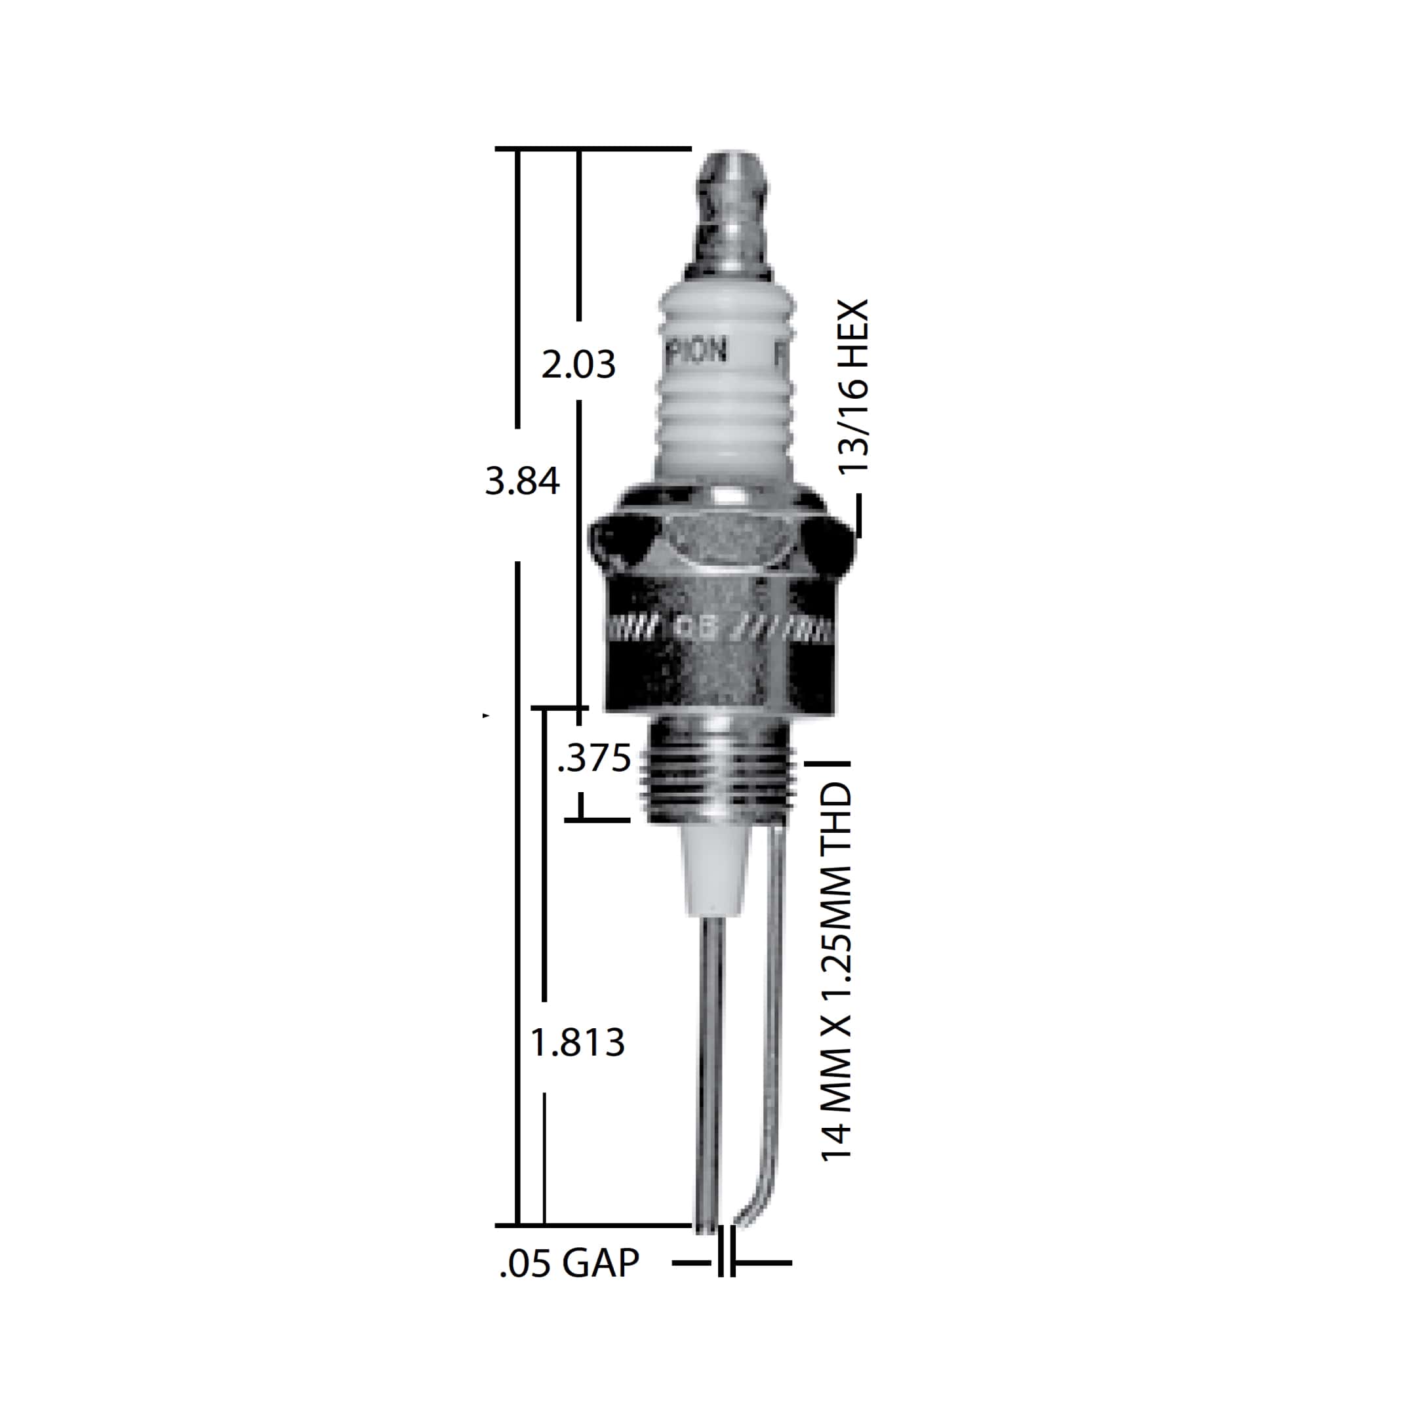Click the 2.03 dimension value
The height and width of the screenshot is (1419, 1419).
(578, 365)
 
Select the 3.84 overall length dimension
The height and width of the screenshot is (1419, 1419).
(522, 482)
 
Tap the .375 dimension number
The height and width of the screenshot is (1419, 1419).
(594, 759)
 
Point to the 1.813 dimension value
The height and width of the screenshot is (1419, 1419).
(577, 1042)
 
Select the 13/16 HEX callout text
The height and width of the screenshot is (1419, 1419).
(854, 386)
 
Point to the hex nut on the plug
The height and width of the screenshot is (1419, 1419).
(724, 544)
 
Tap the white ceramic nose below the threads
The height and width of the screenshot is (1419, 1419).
(715, 871)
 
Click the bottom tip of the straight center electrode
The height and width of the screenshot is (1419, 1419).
(706, 1225)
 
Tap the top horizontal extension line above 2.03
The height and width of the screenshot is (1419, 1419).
(593, 149)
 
